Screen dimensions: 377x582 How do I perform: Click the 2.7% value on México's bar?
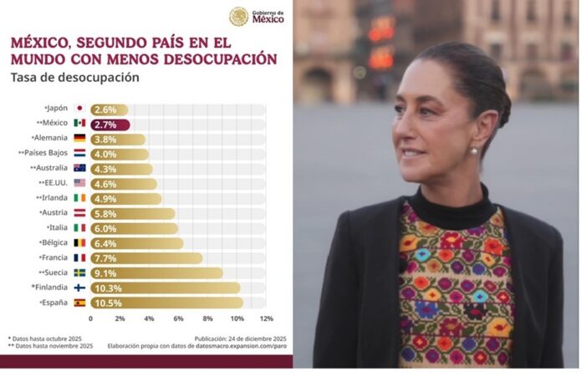pyautogui.click(x=105, y=125)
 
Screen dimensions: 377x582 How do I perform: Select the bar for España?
pyautogui.click(x=167, y=303)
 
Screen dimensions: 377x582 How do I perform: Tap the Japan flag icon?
pyautogui.click(x=79, y=109)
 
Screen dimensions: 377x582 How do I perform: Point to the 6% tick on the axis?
pyautogui.click(x=178, y=319)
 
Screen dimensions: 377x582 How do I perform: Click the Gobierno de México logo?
pyautogui.click(x=256, y=16)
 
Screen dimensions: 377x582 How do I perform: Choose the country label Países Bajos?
pyautogui.click(x=46, y=154)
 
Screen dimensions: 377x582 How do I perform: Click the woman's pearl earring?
pyautogui.click(x=474, y=151)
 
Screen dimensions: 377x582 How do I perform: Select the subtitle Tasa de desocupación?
pyautogui.click(x=74, y=79)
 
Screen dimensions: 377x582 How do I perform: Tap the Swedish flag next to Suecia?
pyautogui.click(x=79, y=273)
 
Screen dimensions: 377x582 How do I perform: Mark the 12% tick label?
pyautogui.click(x=266, y=319)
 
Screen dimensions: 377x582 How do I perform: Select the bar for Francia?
pyautogui.click(x=146, y=258)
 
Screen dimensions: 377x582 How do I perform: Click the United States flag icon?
pyautogui.click(x=79, y=183)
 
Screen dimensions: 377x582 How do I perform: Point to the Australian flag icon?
pyautogui.click(x=79, y=168)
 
